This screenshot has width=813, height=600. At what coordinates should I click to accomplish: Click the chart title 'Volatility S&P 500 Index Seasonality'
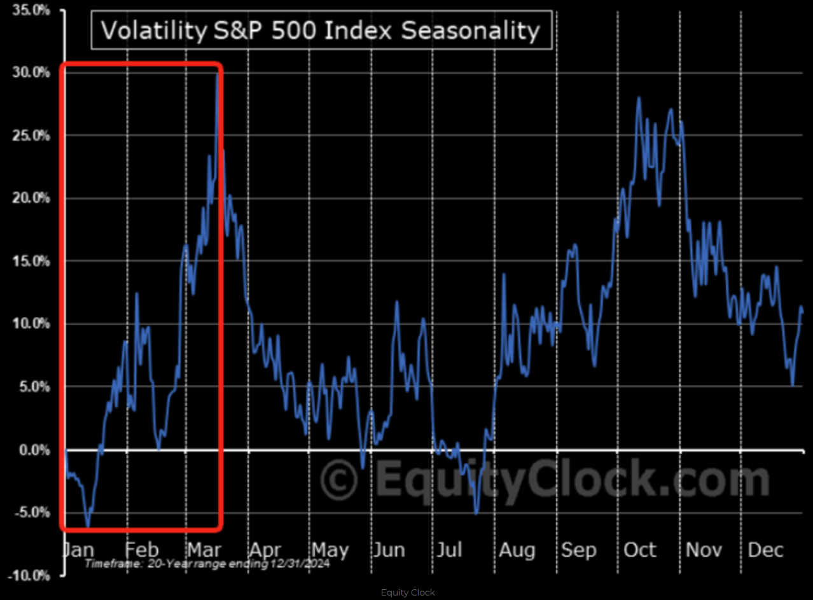(x=321, y=30)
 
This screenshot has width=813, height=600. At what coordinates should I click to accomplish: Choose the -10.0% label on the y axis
(x=29, y=576)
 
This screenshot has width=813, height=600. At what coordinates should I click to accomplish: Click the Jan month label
(x=78, y=549)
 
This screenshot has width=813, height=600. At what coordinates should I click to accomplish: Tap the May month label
(x=330, y=549)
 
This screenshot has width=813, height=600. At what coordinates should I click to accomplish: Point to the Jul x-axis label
(x=448, y=549)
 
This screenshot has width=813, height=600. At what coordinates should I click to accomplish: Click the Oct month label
(x=639, y=549)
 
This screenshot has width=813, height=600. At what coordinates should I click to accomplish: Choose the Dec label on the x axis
(x=765, y=549)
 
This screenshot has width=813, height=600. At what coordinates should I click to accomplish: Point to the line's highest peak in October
(x=637, y=98)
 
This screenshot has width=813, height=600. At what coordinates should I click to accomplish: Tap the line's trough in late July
(x=476, y=513)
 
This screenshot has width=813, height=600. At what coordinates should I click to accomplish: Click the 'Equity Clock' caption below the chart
(x=408, y=592)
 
